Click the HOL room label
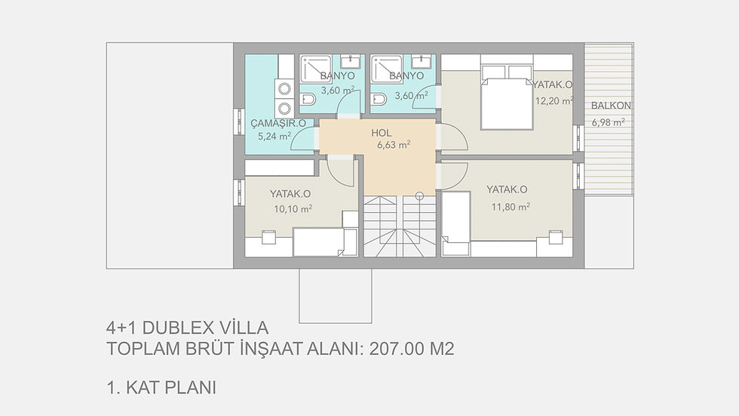tap(382, 132)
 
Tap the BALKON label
tap(611, 106)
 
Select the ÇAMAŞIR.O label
tap(278, 123)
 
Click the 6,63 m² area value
tap(394, 144)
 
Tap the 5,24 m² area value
tap(274, 137)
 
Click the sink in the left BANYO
tap(350, 61)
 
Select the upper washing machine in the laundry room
tap(284, 89)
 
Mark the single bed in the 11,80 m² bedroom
tap(455, 220)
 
